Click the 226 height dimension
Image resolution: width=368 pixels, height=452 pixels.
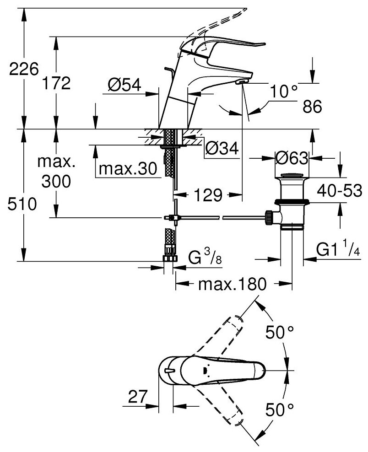click(x=24, y=69)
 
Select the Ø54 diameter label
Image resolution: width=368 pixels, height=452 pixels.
click(x=124, y=85)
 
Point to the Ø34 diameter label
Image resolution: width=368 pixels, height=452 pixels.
click(x=222, y=149)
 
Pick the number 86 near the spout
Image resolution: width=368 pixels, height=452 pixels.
click(x=312, y=107)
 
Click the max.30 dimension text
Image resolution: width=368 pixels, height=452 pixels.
click(x=128, y=169)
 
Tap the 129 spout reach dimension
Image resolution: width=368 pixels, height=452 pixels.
click(x=208, y=195)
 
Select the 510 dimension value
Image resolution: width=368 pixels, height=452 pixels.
click(x=22, y=204)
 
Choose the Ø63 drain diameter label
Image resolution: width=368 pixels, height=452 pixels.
click(x=292, y=158)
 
